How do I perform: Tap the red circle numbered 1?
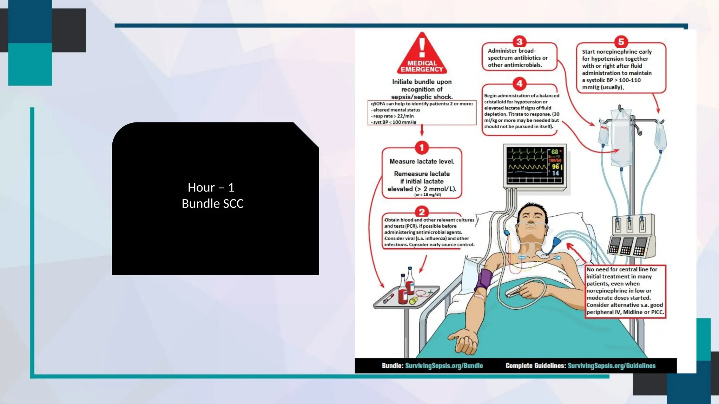point(422,148)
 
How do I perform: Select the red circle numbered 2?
point(422,212)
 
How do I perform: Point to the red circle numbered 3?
point(519,41)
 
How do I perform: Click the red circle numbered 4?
point(519,83)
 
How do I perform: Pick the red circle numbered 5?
point(621,42)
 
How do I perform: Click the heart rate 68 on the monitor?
point(554,152)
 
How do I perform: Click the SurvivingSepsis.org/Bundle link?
point(444,365)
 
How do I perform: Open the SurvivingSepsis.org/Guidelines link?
point(611,365)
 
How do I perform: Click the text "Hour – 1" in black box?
point(211,188)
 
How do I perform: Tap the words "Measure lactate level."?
point(422,161)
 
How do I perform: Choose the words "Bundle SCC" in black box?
point(212,203)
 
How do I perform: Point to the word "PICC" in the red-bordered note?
point(657,312)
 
